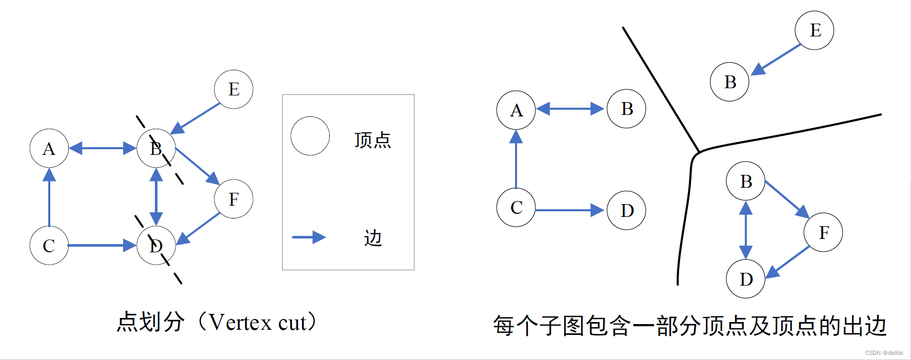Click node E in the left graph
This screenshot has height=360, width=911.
click(x=233, y=89)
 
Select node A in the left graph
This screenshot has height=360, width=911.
click(x=49, y=149)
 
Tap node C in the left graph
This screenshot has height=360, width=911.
click(x=49, y=246)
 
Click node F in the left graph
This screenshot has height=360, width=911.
click(x=233, y=199)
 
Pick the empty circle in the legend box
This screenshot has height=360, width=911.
click(x=310, y=136)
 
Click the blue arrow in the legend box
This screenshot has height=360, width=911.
click(x=309, y=237)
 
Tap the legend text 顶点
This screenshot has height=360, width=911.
click(x=372, y=140)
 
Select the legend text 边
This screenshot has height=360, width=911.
click(x=373, y=238)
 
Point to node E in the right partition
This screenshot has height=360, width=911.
click(x=815, y=30)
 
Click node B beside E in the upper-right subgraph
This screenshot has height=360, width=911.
click(x=729, y=82)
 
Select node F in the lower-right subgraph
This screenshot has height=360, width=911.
click(x=823, y=232)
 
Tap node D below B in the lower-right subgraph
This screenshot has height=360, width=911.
click(x=746, y=279)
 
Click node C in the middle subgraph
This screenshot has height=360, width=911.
click(x=516, y=207)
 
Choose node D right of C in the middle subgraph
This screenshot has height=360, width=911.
click(x=626, y=210)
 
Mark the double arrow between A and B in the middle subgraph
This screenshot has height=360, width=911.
click(x=570, y=109)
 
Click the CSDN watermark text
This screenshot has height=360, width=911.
click(x=884, y=353)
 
